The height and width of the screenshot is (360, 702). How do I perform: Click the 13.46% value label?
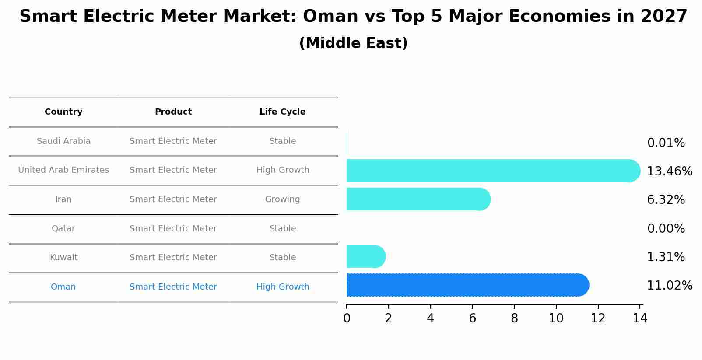pyautogui.click(x=669, y=171)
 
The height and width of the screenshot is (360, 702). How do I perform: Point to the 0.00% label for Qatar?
pyautogui.click(x=666, y=228)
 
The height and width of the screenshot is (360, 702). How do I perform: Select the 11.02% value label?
pyautogui.click(x=669, y=286)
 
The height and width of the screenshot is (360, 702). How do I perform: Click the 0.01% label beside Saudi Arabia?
pyautogui.click(x=666, y=143)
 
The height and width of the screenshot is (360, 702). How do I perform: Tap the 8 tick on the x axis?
pyautogui.click(x=514, y=318)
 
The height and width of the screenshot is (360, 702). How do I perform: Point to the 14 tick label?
pyautogui.click(x=640, y=318)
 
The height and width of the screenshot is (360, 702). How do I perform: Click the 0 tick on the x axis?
pyautogui.click(x=347, y=318)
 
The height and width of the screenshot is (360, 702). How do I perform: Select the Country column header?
pyautogui.click(x=63, y=112)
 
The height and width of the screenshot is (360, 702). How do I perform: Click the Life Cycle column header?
pyautogui.click(x=282, y=112)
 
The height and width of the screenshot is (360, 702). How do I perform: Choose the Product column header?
pyautogui.click(x=173, y=112)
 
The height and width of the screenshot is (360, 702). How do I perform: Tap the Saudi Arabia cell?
pyautogui.click(x=63, y=141)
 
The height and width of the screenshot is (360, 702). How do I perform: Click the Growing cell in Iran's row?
pyautogui.click(x=282, y=199)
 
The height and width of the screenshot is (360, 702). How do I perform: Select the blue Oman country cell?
pyautogui.click(x=63, y=287)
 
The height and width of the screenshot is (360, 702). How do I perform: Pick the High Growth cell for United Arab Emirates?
pyautogui.click(x=283, y=170)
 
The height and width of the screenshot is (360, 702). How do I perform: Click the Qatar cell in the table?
pyautogui.click(x=63, y=229)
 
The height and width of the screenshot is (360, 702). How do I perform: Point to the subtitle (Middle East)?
pyautogui.click(x=353, y=43)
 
